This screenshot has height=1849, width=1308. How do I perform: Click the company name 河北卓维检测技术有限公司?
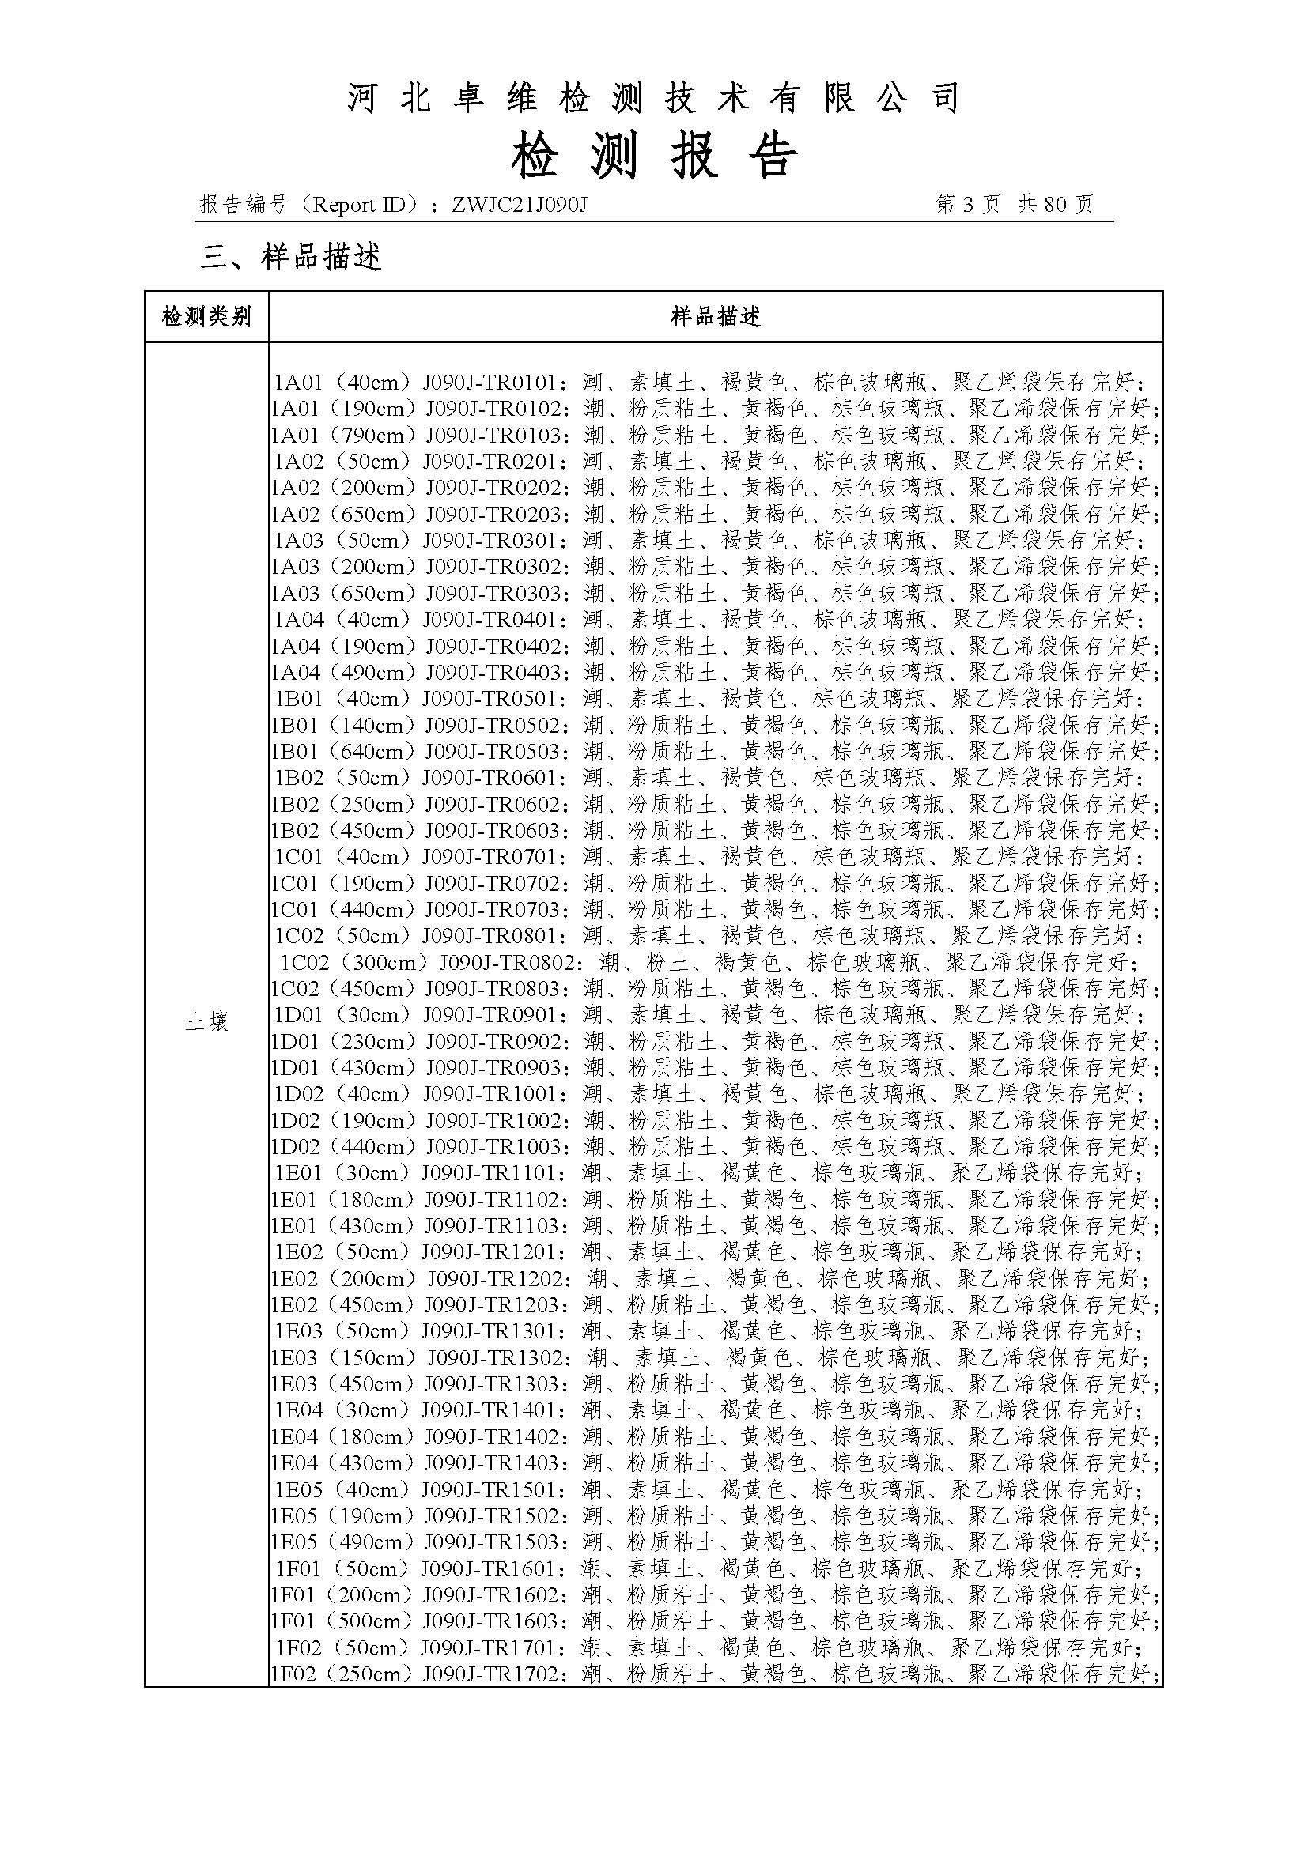653,98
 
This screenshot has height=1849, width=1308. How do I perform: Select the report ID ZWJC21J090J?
520,205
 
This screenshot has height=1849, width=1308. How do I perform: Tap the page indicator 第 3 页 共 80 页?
1014,205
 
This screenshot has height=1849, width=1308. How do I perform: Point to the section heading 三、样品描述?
291,257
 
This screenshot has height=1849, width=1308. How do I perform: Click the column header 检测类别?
206,316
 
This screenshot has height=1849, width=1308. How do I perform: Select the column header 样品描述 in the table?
715,316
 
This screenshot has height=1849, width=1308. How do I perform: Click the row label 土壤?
206,1022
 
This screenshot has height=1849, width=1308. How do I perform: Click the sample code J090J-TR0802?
510,961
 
